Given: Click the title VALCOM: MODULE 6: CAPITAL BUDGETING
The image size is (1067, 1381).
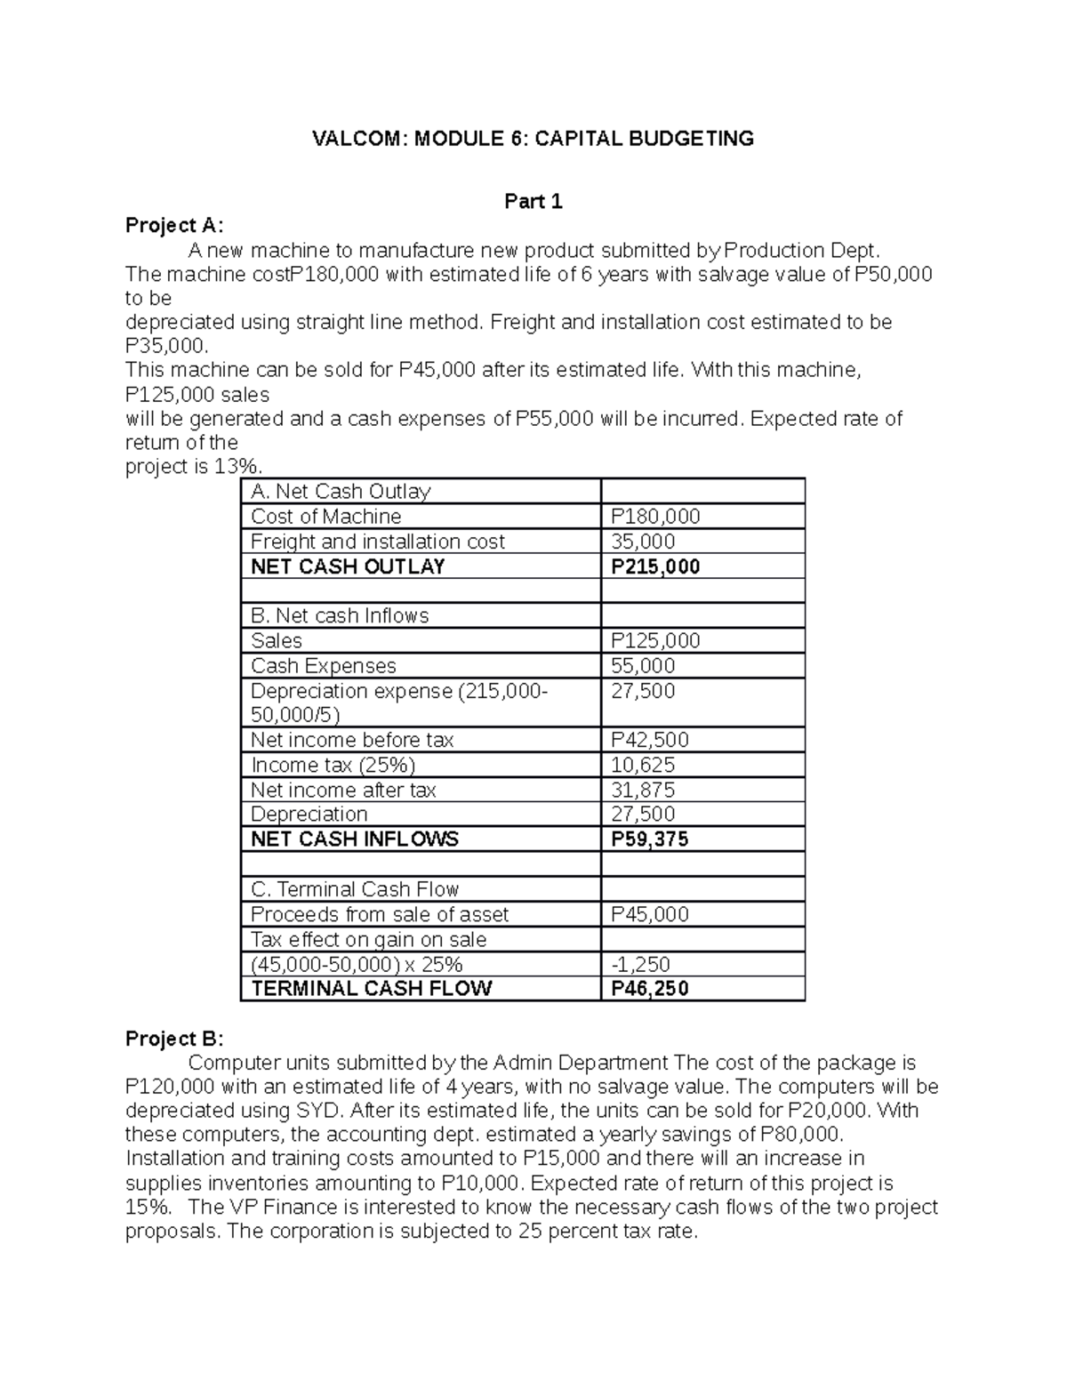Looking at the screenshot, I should click(532, 139).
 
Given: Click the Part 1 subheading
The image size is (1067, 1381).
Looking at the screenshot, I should click(533, 202).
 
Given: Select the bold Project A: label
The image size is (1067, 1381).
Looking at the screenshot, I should click(175, 226).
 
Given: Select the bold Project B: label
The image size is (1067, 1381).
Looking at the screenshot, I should click(175, 1039).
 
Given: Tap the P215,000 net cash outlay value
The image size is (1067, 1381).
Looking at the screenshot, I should click(654, 566).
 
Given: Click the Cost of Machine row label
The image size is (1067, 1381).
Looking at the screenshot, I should click(325, 517).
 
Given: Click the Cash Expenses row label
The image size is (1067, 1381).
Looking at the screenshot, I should click(324, 666).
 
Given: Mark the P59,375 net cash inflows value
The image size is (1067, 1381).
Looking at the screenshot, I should click(649, 839).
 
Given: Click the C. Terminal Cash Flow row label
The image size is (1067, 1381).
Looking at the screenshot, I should click(355, 889).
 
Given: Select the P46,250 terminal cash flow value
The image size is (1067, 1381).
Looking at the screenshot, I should click(649, 988).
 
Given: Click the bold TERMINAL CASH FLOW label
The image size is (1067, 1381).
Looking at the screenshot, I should click(372, 988).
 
